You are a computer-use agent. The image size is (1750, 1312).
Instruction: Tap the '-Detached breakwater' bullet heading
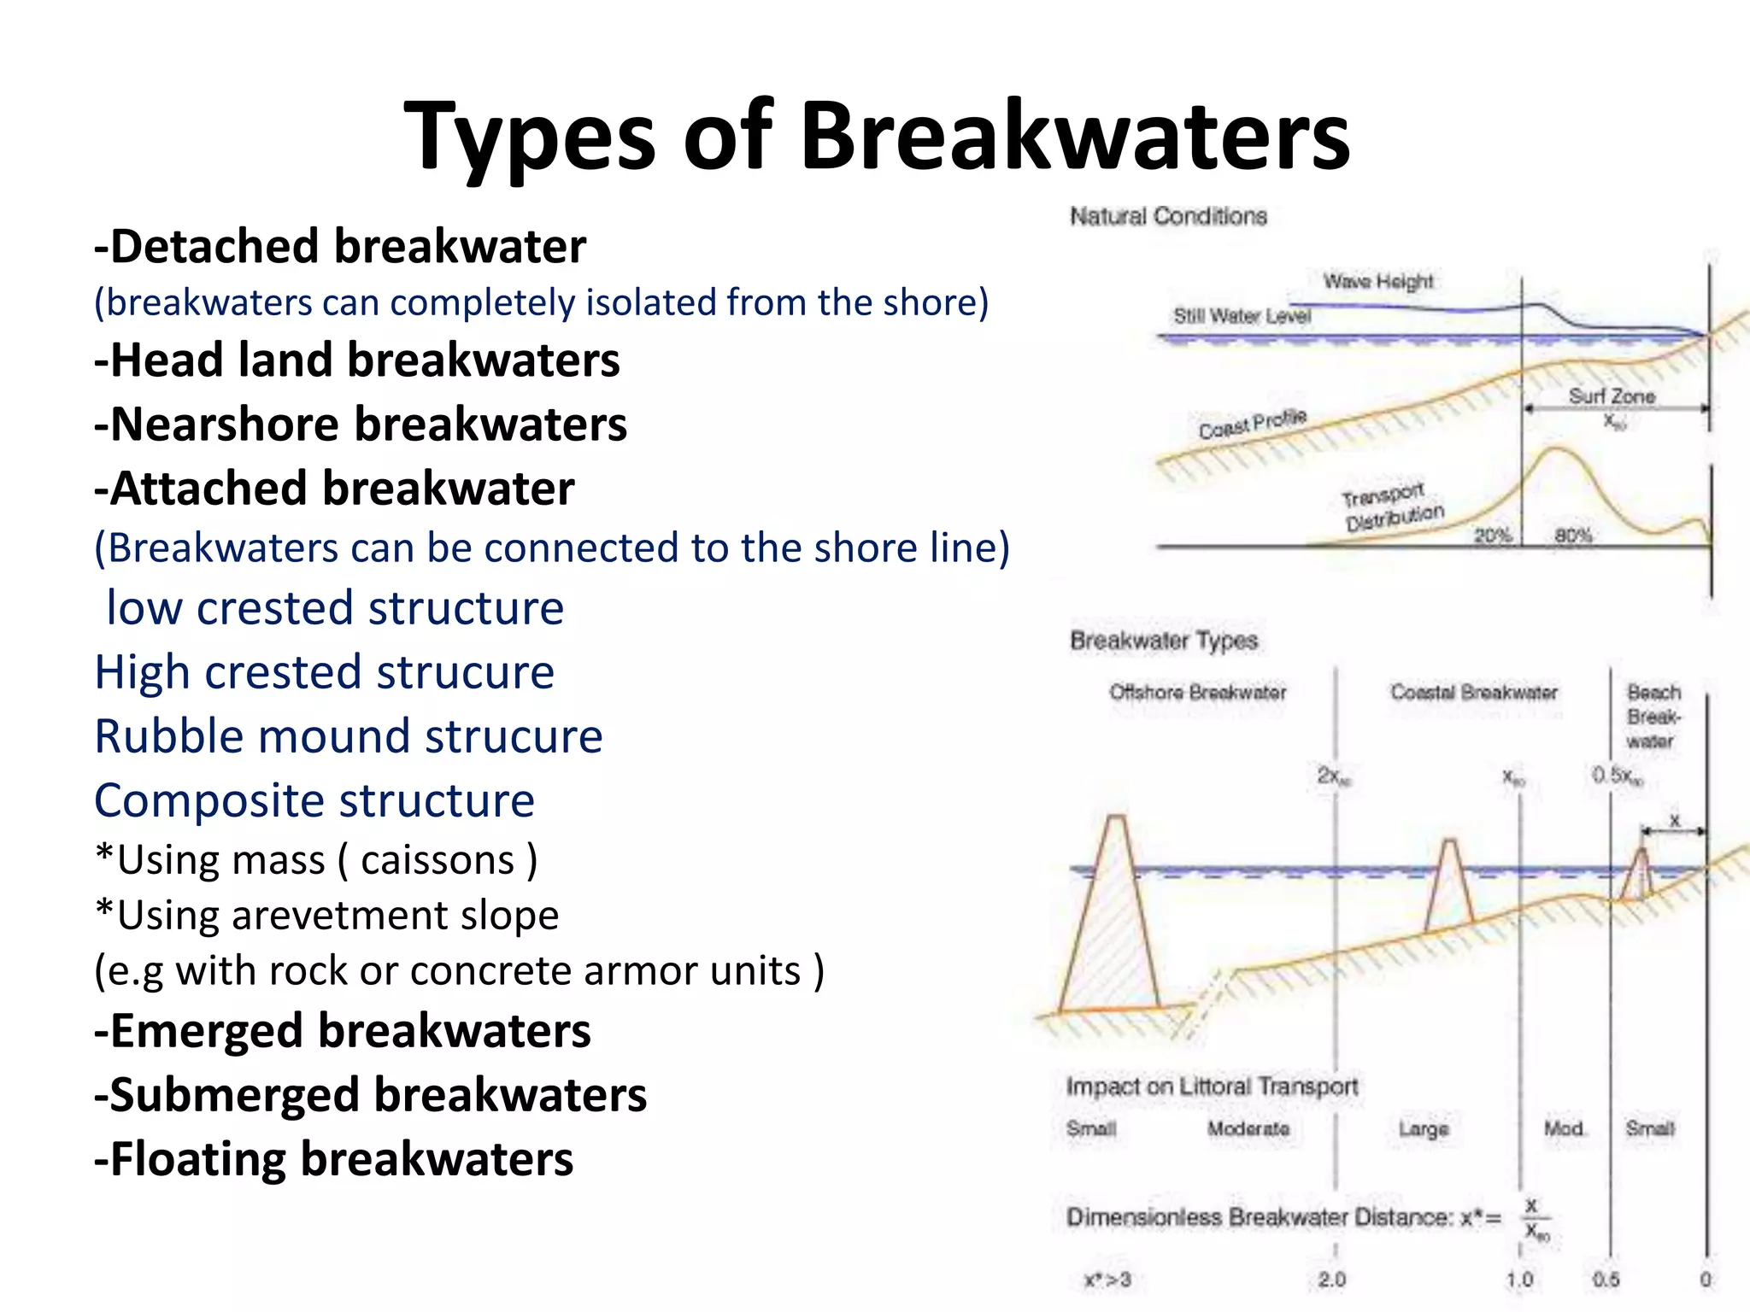340,247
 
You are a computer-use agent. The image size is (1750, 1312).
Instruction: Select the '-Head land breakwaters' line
357,360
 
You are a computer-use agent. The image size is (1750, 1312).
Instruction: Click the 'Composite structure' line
314,800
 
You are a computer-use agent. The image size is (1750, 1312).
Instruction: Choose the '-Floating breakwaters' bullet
333,1159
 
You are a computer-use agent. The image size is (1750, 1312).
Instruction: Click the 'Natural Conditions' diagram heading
1168,217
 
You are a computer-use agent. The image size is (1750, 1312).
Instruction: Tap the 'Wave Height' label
1378,281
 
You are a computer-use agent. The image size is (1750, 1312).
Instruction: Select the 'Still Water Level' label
1242,316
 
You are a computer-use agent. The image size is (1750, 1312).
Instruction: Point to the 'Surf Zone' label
1612,396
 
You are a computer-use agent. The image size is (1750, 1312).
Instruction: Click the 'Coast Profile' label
1252,424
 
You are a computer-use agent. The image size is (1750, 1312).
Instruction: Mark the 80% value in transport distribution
1572,536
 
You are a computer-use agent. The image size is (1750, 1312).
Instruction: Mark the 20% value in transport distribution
1493,536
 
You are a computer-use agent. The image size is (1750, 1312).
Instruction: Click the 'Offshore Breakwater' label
1197,692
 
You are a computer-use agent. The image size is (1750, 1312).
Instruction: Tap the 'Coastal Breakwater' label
1473,692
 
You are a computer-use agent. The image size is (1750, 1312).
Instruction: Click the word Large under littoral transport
1424,1129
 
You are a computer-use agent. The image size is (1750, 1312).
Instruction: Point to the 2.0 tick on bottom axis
1331,1280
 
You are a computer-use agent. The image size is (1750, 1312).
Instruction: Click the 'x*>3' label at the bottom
1107,1280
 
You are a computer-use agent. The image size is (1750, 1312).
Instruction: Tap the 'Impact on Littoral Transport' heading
1212,1086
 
